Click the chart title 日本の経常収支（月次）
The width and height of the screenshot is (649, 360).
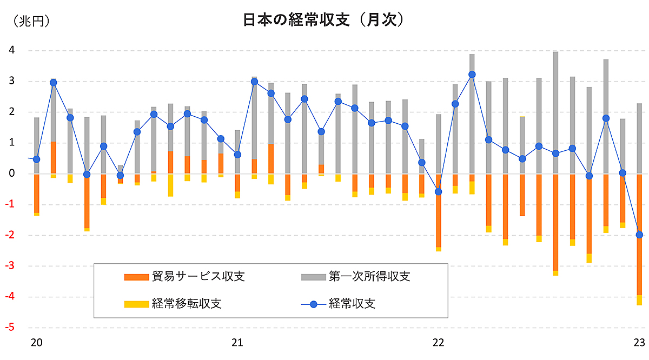point(324,20)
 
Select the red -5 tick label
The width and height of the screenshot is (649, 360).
point(10,328)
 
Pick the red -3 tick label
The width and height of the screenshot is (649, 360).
point(10,266)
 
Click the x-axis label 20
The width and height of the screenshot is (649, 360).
point(37,342)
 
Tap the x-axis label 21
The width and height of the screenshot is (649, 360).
point(237,342)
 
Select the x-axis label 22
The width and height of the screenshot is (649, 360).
point(438,342)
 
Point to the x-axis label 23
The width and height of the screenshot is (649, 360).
point(639,342)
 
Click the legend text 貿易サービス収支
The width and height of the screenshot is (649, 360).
point(198,277)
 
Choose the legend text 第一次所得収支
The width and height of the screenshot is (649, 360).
point(369,277)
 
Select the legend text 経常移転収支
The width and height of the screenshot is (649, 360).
point(187,303)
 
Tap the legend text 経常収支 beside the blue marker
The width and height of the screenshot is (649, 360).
point(352,303)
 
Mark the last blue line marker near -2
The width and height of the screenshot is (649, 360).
point(639,235)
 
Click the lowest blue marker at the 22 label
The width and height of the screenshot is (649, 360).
point(438,192)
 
